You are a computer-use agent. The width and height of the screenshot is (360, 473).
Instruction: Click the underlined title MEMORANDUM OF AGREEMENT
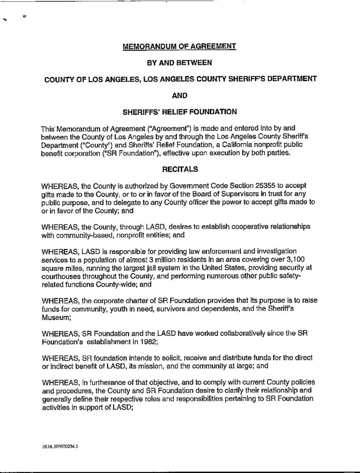coord(179,46)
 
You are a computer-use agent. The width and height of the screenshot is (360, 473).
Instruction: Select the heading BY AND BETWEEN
coord(179,62)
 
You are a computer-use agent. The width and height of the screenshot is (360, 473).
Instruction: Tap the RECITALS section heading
coord(179,170)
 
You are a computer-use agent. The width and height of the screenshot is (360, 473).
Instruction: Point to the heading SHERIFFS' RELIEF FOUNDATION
coord(179,111)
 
